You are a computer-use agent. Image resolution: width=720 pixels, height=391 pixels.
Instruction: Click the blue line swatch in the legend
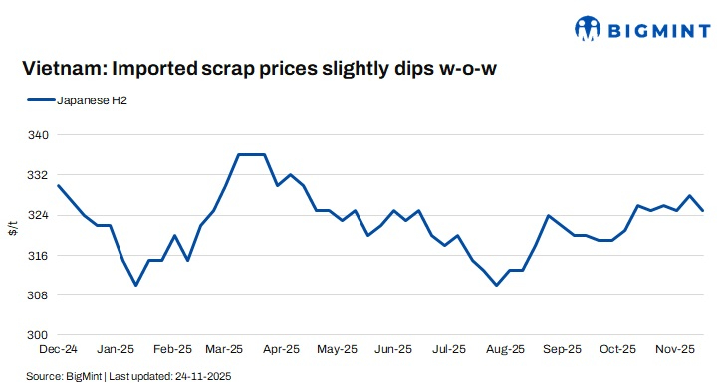point(41,100)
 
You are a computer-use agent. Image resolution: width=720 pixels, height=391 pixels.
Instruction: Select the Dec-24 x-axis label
point(58,350)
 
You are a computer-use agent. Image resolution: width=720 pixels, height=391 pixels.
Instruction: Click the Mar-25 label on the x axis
point(225,350)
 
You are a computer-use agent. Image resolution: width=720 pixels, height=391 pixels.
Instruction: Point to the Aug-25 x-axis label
point(505,350)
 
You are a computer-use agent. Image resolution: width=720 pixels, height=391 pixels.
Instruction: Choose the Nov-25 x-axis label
point(674,350)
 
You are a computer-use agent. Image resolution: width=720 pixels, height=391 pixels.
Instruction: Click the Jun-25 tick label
point(393,350)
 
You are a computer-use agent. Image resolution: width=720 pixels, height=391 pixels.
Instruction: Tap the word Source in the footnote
point(45,377)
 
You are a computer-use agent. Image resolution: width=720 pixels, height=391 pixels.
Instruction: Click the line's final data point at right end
point(703,211)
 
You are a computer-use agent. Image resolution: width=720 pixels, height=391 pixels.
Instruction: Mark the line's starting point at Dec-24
point(58,185)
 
